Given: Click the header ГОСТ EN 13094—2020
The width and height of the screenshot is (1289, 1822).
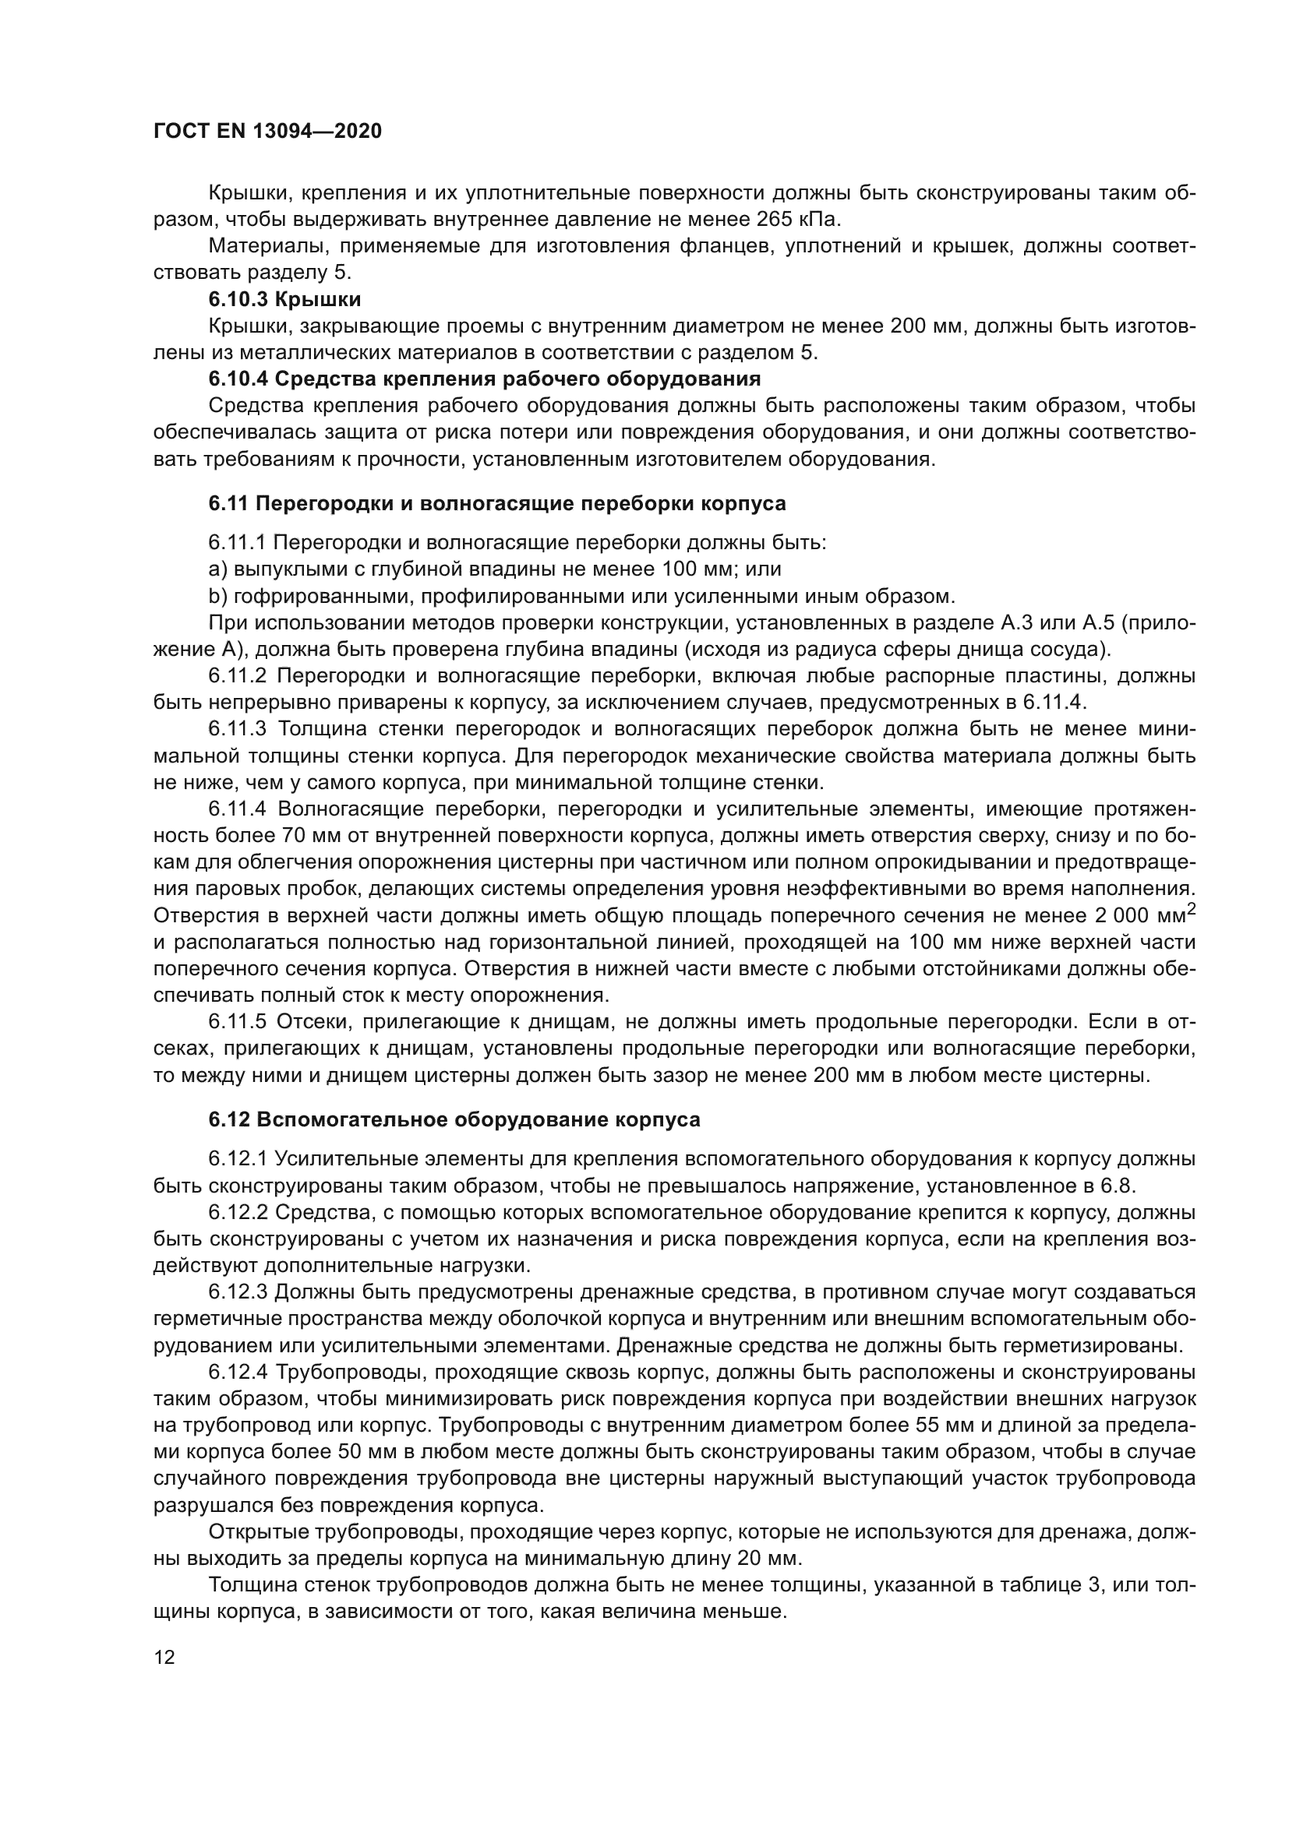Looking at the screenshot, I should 267,132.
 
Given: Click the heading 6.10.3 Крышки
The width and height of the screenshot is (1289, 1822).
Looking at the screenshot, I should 284,299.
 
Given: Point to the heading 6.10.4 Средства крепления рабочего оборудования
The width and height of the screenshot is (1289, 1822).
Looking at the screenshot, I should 484,379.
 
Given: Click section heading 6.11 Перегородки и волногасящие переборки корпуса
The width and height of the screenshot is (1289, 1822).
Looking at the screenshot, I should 497,503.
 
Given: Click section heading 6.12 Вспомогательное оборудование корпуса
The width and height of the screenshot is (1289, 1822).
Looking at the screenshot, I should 454,1119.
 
